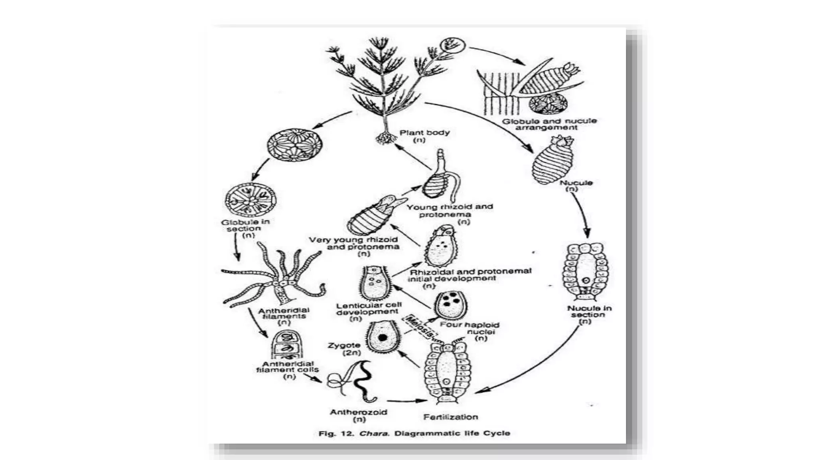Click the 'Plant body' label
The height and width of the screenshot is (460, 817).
424,133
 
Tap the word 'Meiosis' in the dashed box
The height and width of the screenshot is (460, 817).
419,327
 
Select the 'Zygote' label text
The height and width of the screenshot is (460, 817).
344,345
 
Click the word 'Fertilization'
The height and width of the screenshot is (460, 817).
450,417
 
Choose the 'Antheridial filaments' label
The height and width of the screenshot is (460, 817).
284,313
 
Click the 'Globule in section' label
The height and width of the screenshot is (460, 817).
245,225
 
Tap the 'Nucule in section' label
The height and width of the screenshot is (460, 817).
589,311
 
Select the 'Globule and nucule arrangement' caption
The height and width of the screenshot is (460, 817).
549,124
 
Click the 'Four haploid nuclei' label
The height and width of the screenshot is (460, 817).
470,328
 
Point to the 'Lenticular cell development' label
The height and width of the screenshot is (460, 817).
369,308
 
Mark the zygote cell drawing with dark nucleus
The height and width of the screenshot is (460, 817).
383,337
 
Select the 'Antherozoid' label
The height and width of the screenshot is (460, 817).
358,412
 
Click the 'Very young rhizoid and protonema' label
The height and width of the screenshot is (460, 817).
353,243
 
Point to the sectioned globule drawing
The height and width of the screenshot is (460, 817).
251,200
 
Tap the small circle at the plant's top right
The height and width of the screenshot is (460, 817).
452,45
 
